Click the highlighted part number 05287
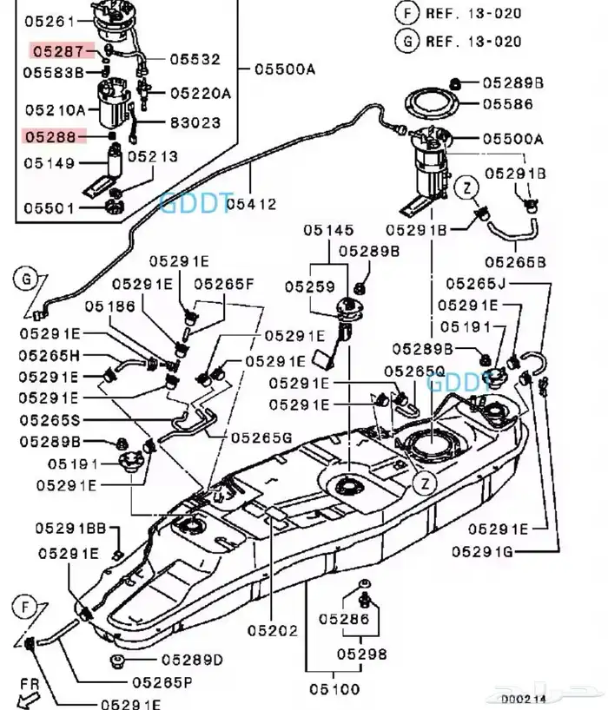[57, 51]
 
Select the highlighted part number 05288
[57, 137]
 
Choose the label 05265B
[515, 260]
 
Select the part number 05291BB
[71, 529]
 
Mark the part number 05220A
[200, 93]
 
